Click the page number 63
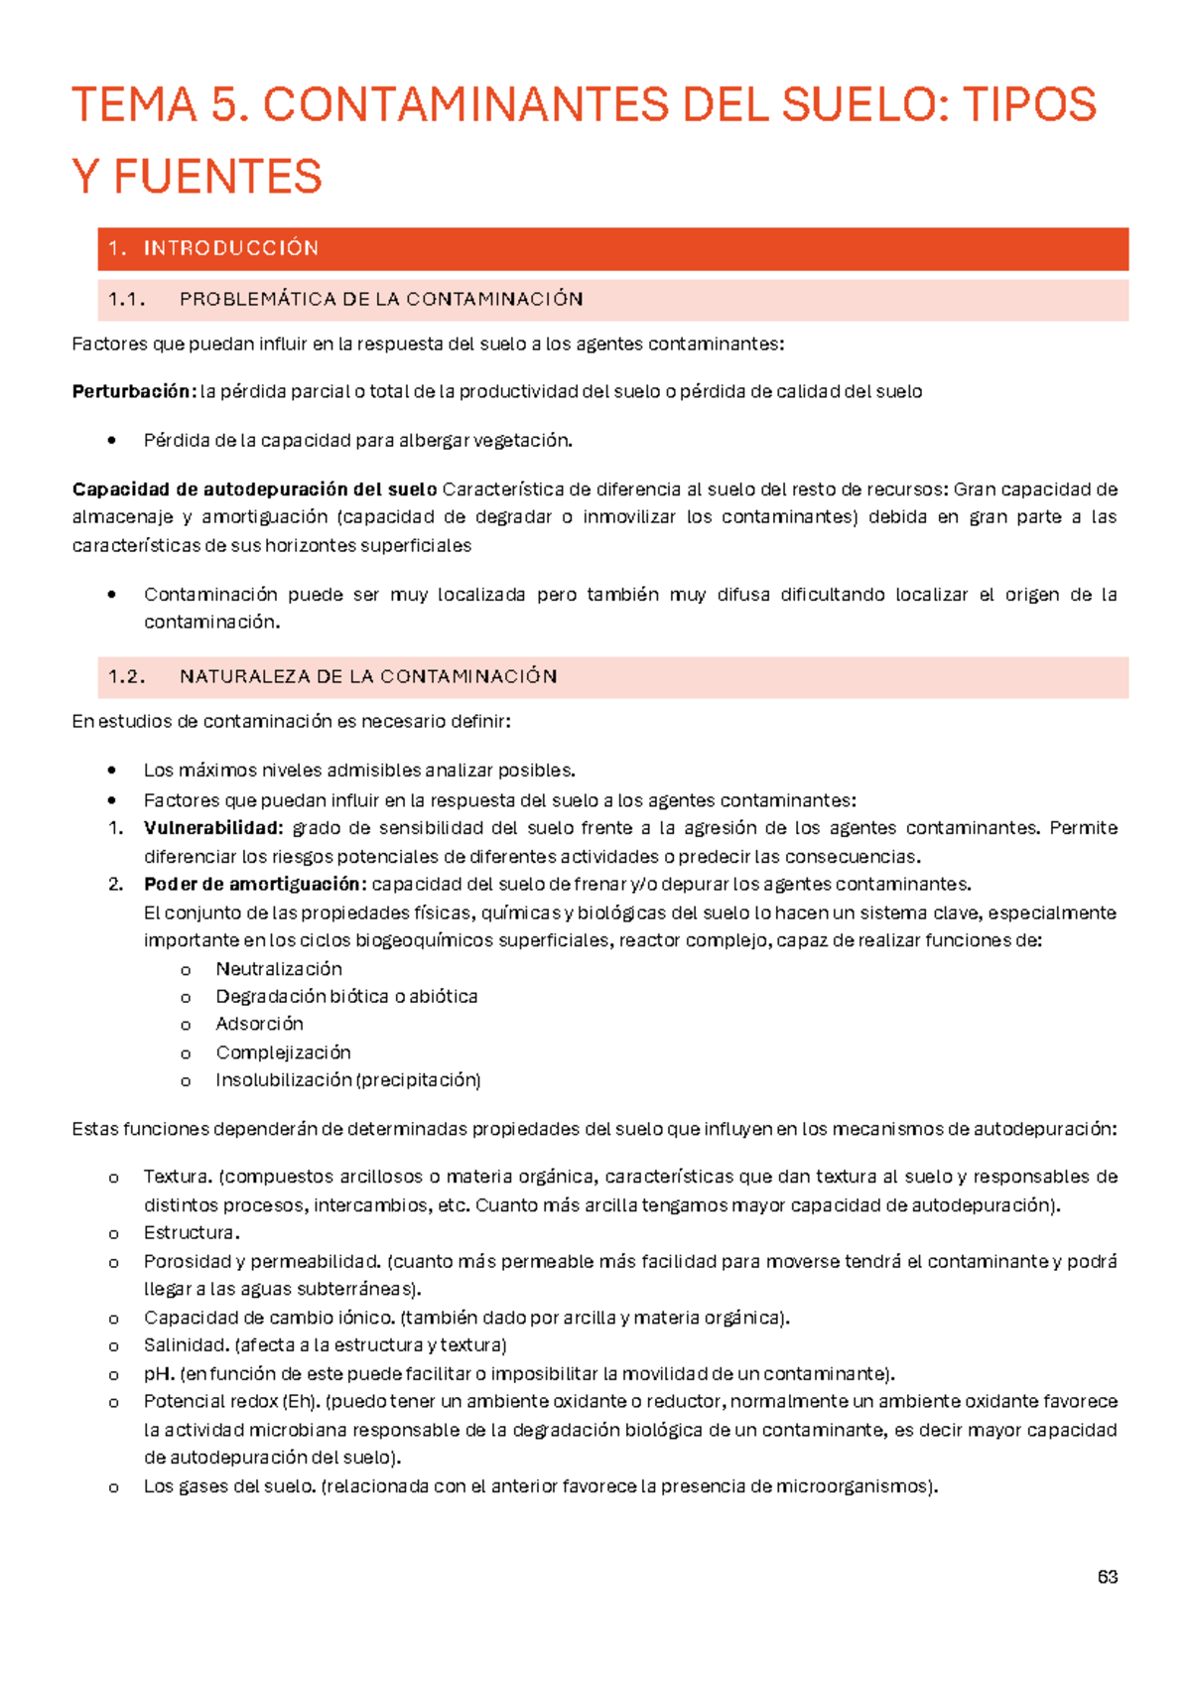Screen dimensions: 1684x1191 click(x=1108, y=1577)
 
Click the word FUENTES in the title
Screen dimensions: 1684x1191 click(x=217, y=178)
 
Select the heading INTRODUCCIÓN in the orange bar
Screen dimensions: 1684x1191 click(x=230, y=248)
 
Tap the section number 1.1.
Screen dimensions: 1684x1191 click(x=126, y=299)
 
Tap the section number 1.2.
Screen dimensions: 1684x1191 click(x=126, y=676)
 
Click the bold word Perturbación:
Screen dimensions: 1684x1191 click(x=133, y=391)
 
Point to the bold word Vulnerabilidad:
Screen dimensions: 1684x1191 click(x=213, y=828)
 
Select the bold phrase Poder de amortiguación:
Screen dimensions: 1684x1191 click(x=255, y=884)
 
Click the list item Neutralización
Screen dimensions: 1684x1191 click(x=279, y=968)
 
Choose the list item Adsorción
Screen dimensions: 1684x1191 click(x=259, y=1024)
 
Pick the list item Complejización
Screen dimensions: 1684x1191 click(x=283, y=1052)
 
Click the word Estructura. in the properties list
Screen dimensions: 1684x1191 click(x=192, y=1232)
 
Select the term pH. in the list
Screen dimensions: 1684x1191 click(x=159, y=1374)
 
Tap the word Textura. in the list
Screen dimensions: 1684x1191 click(x=178, y=1177)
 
